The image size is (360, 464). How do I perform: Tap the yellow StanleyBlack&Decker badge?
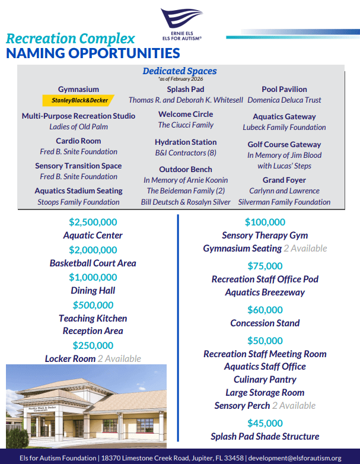pos(79,100)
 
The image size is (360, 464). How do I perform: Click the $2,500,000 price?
pos(93,222)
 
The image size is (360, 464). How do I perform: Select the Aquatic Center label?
pos(93,235)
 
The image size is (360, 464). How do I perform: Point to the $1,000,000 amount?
pos(93,277)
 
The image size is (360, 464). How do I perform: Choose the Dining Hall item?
pos(93,290)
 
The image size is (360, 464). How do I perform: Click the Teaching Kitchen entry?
pos(93,318)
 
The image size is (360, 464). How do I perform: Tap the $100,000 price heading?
pos(265,223)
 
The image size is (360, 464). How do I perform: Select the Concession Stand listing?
pos(265,323)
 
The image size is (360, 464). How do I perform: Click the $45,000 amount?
pos(265,423)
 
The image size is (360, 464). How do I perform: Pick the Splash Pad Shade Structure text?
pos(265,436)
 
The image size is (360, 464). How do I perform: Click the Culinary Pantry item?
pos(265,379)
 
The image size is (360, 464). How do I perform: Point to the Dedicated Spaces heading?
pos(180,71)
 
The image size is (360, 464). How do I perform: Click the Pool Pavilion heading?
pos(284,89)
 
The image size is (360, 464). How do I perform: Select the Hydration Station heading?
pos(186,142)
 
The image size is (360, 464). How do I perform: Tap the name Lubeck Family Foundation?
pos(284,127)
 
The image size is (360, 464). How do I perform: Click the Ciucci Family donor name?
pos(186,125)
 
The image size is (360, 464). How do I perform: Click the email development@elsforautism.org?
pos(295,457)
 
